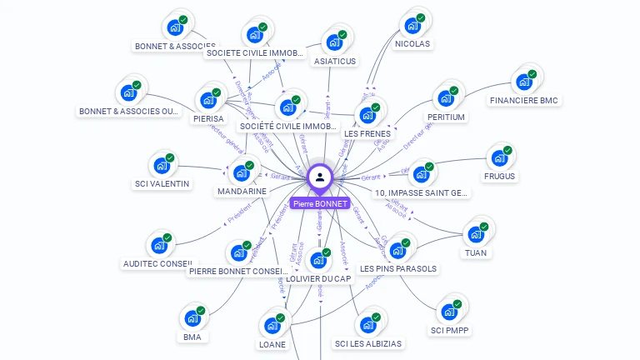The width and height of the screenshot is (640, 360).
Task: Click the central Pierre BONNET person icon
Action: (320, 177)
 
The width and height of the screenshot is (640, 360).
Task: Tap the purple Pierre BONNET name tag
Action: (320, 203)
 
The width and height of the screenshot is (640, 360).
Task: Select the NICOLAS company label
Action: (412, 43)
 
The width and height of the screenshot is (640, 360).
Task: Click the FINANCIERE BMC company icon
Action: (524, 82)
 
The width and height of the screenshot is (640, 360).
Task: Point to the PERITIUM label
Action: (446, 117)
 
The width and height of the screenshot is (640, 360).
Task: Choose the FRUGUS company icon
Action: (499, 157)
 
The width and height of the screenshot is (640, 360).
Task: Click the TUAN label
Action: (476, 252)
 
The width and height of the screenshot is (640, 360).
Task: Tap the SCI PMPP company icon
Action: (450, 312)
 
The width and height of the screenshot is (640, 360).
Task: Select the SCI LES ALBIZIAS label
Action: (367, 343)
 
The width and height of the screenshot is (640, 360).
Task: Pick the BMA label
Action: (192, 337)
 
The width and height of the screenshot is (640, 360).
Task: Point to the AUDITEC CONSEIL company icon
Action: (158, 246)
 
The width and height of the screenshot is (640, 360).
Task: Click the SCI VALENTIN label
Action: (162, 183)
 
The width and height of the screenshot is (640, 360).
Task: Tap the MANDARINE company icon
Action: (242, 173)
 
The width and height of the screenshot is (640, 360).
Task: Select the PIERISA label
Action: (208, 118)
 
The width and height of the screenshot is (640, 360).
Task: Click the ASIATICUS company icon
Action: (335, 42)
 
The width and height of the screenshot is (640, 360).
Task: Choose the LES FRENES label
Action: (367, 133)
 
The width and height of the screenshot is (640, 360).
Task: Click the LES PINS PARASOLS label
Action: (398, 269)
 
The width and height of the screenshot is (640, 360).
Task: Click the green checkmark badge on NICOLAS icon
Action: (421, 17)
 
